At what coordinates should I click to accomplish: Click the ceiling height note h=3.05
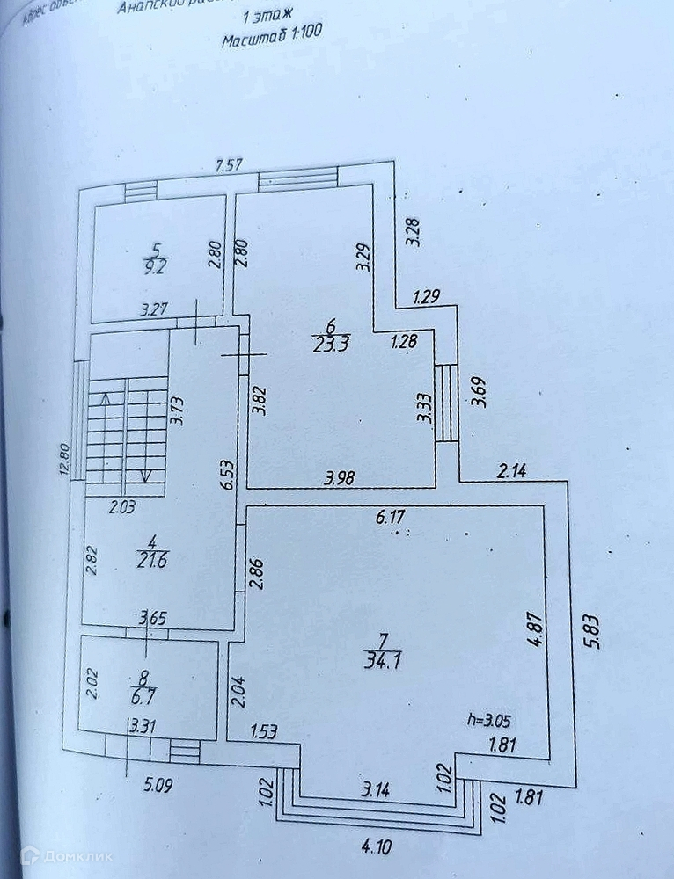489,719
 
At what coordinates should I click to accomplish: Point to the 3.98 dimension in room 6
341,479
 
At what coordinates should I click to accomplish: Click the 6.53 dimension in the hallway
226,474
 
